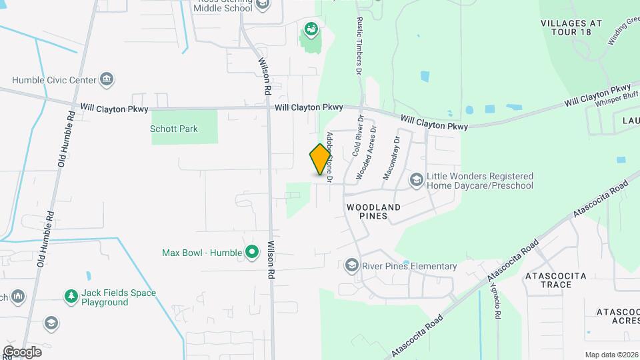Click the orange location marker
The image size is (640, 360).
click(321, 159)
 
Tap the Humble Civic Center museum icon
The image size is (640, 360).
click(106, 80)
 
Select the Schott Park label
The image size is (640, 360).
click(174, 129)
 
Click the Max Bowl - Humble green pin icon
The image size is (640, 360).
click(251, 253)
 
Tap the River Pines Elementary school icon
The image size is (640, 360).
click(351, 266)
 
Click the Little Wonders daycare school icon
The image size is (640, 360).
click(417, 180)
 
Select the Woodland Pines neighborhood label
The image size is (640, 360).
click(373, 211)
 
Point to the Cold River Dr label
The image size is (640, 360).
click(357, 136)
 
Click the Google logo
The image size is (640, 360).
click(22, 351)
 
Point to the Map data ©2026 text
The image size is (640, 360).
click(611, 355)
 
